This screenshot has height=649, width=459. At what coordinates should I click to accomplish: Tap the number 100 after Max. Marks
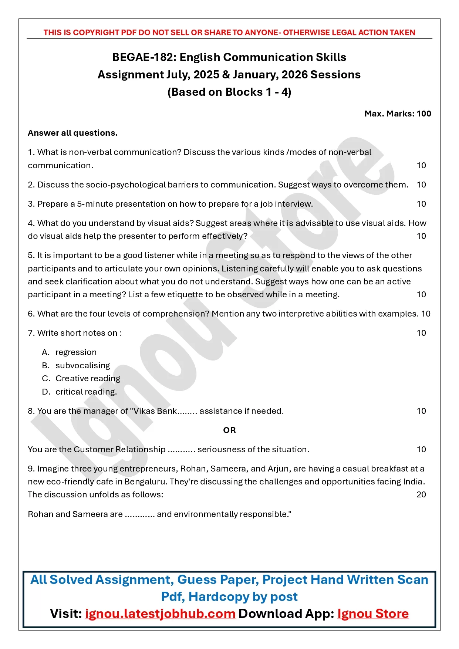coord(424,114)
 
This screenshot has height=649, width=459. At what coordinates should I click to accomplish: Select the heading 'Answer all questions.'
coord(72,133)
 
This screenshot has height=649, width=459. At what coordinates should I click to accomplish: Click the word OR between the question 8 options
coord(229,430)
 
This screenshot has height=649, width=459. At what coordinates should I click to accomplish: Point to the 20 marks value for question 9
coord(421,495)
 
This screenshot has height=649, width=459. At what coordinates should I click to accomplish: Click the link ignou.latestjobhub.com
coord(160,613)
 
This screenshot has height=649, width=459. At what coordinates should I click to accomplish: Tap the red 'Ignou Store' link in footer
coord(373,613)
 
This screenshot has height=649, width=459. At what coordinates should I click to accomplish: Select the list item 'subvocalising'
coord(83,365)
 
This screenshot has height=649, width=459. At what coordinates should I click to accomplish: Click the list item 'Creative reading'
coord(88,378)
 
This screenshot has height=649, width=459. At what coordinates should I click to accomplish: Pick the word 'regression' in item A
coord(76,352)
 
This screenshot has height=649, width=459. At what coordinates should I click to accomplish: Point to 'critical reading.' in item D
coord(86,392)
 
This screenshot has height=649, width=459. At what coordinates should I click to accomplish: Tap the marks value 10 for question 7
coord(421,333)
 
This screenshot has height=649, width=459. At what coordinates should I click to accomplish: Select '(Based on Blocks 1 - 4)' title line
coord(229,92)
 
